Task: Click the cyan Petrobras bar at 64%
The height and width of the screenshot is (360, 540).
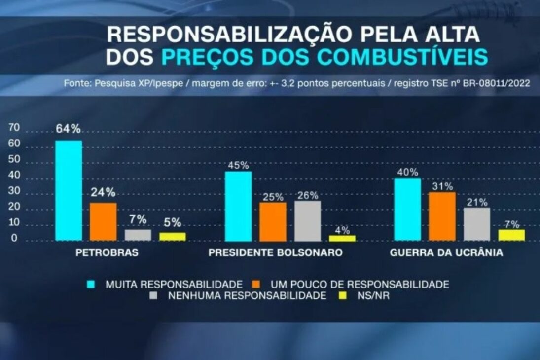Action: pyautogui.click(x=69, y=190)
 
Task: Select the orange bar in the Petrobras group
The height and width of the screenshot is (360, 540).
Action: pyautogui.click(x=103, y=221)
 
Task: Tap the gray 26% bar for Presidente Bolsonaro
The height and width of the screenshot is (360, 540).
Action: pyautogui.click(x=308, y=220)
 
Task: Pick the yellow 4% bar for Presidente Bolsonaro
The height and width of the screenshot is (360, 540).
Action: pyautogui.click(x=342, y=238)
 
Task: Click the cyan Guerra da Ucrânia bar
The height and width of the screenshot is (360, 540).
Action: pyautogui.click(x=408, y=209)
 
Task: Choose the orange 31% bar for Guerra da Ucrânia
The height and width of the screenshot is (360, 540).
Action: pyautogui.click(x=442, y=216)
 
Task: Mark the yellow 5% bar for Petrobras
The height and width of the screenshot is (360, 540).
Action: pyautogui.click(x=172, y=237)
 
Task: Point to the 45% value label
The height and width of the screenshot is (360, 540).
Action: pyautogui.click(x=238, y=165)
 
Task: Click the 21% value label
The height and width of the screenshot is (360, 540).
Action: pyautogui.click(x=477, y=202)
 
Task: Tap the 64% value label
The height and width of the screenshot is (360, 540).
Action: pyautogui.click(x=68, y=129)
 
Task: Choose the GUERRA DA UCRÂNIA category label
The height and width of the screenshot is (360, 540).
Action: pyautogui.click(x=446, y=253)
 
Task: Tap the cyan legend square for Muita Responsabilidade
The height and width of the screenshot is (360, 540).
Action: pyautogui.click(x=91, y=284)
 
